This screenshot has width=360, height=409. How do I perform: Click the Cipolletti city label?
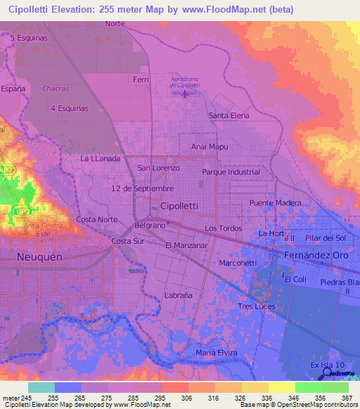click(179, 206)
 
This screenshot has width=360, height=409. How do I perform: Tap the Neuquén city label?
click(40, 257)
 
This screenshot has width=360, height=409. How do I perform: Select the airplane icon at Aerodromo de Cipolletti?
click(186, 94)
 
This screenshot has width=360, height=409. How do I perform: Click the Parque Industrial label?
click(231, 172)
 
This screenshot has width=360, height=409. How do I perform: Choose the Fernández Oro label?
click(316, 256)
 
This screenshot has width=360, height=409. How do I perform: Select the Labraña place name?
click(178, 296)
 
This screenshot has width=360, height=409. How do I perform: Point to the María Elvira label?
click(217, 353)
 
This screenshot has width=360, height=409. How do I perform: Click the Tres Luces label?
click(256, 307)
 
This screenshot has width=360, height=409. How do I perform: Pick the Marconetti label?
click(238, 263)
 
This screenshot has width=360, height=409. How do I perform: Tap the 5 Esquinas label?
click(29, 38)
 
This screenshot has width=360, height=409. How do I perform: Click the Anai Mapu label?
click(210, 147)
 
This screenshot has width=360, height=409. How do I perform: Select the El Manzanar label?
click(186, 246)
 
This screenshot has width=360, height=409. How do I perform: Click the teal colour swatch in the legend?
click(41, 387)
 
